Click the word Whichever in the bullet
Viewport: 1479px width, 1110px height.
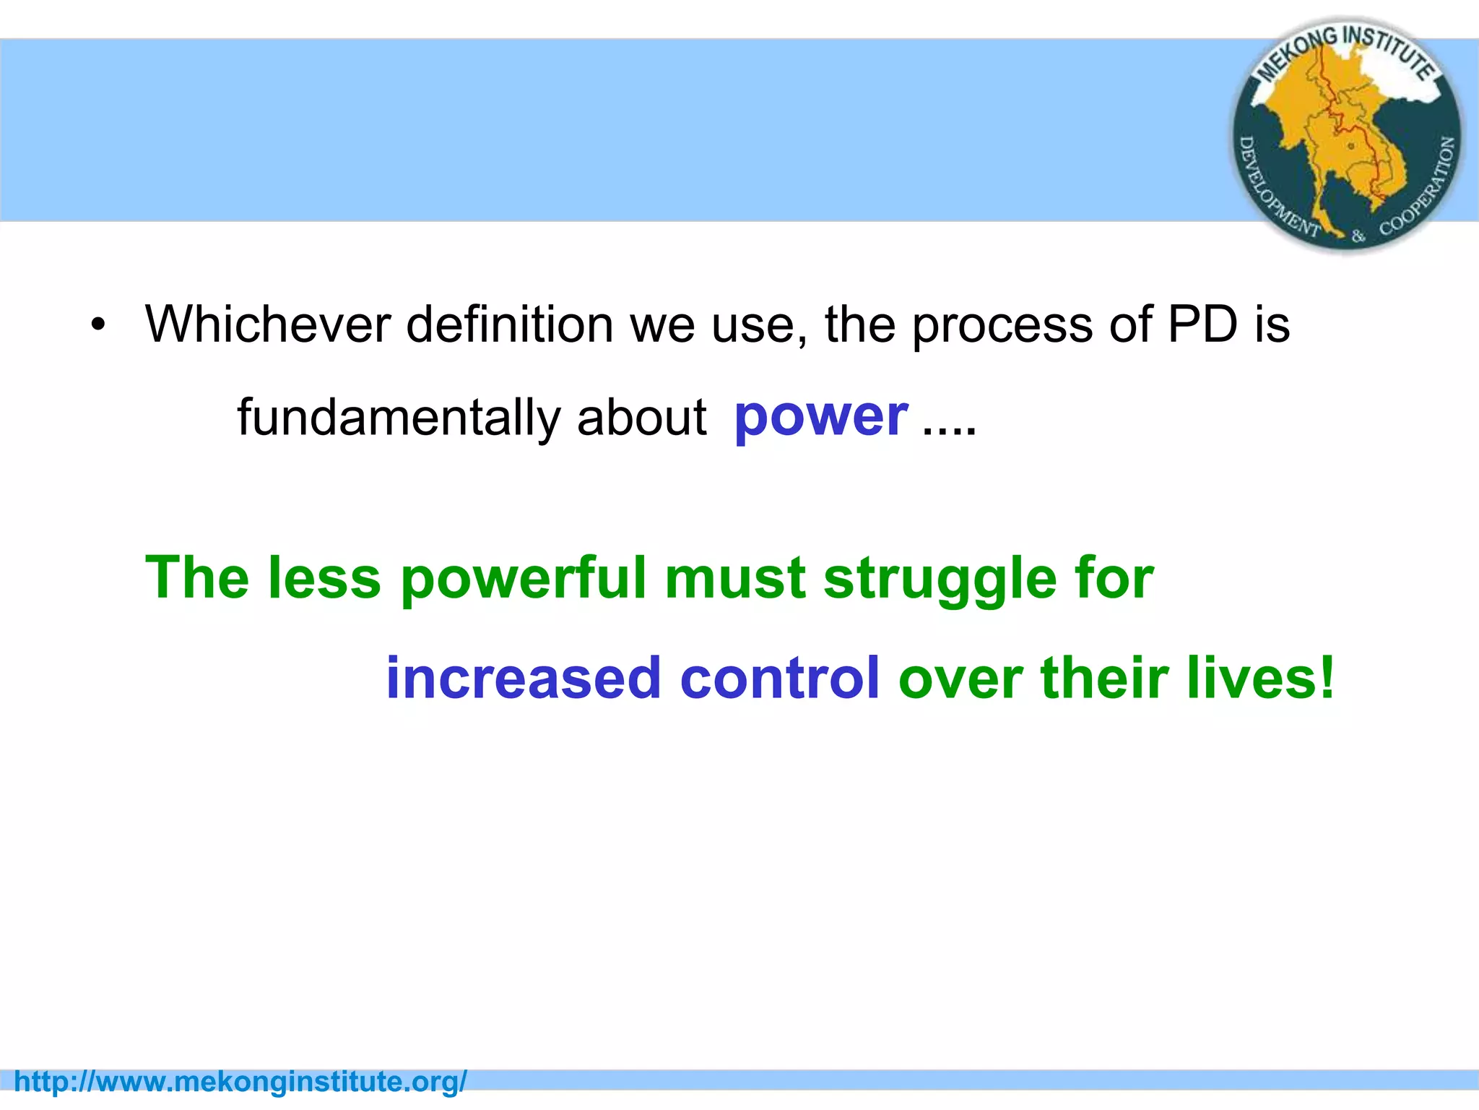(x=267, y=324)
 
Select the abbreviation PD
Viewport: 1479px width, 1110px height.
(x=1202, y=324)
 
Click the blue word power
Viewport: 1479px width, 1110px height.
(x=820, y=418)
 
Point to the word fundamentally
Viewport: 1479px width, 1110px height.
(x=399, y=418)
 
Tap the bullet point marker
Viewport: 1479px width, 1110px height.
(x=98, y=324)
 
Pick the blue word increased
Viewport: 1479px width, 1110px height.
(x=524, y=679)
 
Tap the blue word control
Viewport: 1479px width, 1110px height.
(x=780, y=679)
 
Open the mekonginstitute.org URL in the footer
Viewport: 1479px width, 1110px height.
(x=240, y=1082)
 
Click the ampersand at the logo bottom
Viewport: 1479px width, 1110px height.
(x=1358, y=236)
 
